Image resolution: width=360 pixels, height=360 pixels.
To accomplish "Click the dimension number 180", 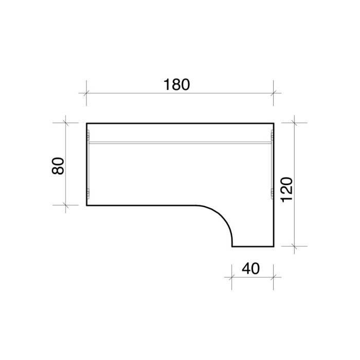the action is (176, 84).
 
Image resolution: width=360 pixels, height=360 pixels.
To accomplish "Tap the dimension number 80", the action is (58, 166).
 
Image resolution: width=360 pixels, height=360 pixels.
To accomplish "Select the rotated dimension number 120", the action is (287, 190).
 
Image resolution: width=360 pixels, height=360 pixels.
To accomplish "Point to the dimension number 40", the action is (251, 268).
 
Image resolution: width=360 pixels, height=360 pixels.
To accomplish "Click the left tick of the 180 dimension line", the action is (86, 93).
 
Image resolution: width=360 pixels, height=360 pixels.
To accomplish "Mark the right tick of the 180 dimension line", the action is (273, 93).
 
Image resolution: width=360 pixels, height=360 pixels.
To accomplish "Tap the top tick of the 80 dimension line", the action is (66, 123).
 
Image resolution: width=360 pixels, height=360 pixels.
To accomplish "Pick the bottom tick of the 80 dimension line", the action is (66, 205).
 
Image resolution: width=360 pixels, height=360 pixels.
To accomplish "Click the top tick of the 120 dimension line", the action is (294, 123).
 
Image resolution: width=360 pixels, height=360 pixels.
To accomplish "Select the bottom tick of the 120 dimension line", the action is (294, 246).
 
